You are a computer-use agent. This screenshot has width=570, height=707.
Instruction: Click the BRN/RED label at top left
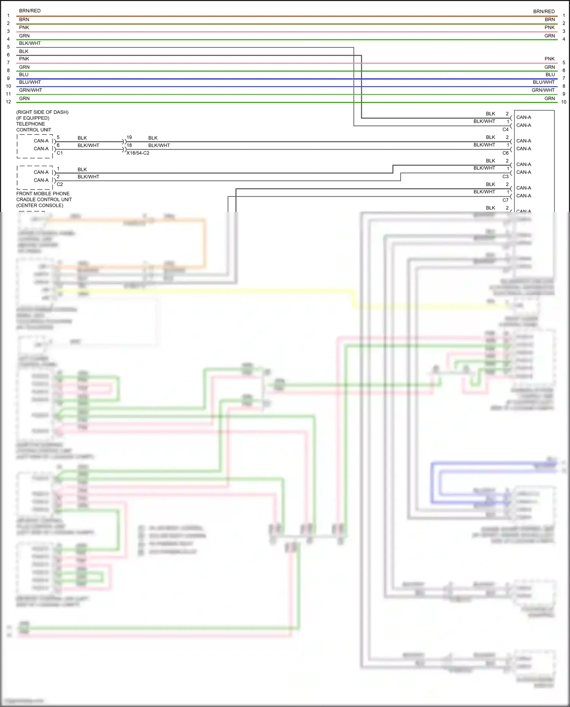click(30, 11)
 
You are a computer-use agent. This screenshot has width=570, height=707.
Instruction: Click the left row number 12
click(8, 102)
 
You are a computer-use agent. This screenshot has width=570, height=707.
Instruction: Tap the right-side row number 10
click(564, 102)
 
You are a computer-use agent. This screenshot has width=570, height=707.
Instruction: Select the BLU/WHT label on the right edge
click(543, 82)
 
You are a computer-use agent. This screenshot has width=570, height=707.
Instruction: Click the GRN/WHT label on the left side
click(30, 90)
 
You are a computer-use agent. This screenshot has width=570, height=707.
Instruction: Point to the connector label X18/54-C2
click(138, 153)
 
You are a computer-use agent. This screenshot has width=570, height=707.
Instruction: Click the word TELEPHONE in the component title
click(30, 124)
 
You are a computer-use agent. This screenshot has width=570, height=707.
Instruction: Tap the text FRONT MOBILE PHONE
click(43, 193)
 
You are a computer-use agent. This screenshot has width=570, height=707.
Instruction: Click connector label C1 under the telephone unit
click(60, 153)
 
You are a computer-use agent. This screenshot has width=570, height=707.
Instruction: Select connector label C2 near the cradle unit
click(60, 184)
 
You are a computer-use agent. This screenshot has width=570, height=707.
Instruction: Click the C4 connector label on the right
click(505, 130)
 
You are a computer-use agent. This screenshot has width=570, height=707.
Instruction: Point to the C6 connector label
click(505, 153)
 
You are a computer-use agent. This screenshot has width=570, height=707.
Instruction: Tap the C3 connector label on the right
click(505, 177)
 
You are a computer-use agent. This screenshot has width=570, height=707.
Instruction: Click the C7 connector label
click(505, 200)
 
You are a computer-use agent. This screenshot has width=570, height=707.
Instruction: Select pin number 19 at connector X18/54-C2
click(129, 137)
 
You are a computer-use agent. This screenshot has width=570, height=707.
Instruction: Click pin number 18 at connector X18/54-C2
click(129, 145)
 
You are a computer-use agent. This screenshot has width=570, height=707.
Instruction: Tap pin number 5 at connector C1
click(58, 137)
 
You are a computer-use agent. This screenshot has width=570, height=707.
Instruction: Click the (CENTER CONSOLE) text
click(40, 206)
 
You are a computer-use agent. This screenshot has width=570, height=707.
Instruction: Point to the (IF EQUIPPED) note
click(33, 118)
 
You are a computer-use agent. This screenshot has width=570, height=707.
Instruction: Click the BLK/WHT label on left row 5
click(30, 43)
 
